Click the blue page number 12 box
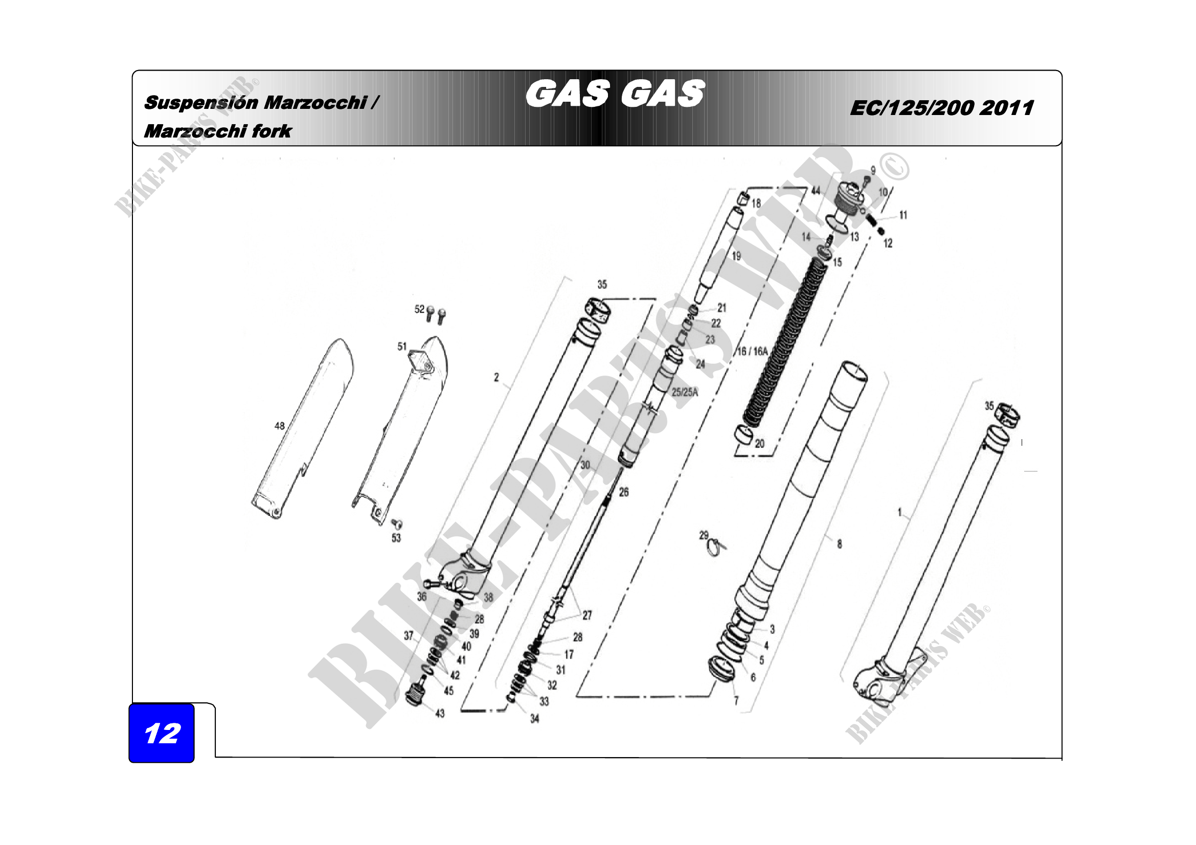click(x=162, y=733)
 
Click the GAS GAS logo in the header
click(x=615, y=94)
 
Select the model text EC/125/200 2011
click(x=942, y=108)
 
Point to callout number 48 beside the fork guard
click(x=280, y=426)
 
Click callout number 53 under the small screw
click(x=396, y=538)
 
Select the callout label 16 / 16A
click(x=752, y=351)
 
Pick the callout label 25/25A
click(x=685, y=392)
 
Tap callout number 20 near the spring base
click(x=759, y=444)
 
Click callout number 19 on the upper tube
click(x=736, y=256)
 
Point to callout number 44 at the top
click(x=816, y=191)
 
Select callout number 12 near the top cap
click(x=888, y=243)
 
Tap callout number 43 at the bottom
click(x=440, y=713)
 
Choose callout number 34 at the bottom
click(x=534, y=719)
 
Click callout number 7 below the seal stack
click(x=736, y=701)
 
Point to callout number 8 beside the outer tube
click(x=839, y=544)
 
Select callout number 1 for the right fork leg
click(x=899, y=512)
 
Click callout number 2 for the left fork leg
click(x=497, y=377)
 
